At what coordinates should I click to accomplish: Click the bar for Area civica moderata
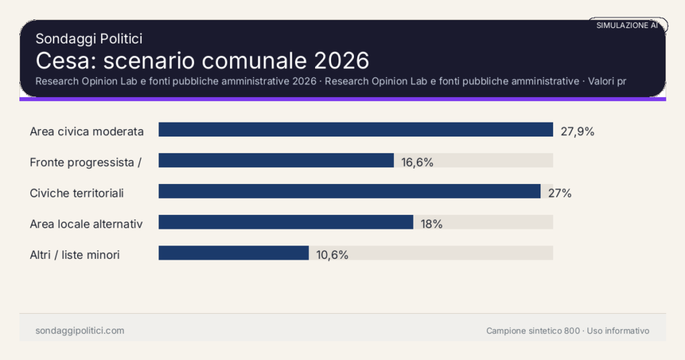point(355,130)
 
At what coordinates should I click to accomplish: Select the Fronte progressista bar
point(276,161)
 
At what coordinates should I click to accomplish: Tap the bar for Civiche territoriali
point(349,191)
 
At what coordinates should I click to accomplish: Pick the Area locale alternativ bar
point(286,222)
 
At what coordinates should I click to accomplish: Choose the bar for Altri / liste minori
point(233,253)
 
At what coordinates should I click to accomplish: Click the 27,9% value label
point(577,131)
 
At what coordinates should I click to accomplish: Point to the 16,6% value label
point(417,162)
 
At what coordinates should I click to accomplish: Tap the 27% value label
point(559,193)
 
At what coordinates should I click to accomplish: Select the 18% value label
point(431,223)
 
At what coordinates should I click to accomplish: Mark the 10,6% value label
point(332,254)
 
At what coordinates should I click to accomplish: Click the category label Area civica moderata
point(87,131)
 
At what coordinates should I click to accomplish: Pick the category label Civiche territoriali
point(77,193)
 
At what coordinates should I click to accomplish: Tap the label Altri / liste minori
point(75,254)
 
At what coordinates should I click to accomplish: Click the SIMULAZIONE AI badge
point(627,25)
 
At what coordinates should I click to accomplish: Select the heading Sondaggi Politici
point(89,39)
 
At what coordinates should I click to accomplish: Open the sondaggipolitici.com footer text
point(80,331)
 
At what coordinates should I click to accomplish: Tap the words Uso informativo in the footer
point(618,331)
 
